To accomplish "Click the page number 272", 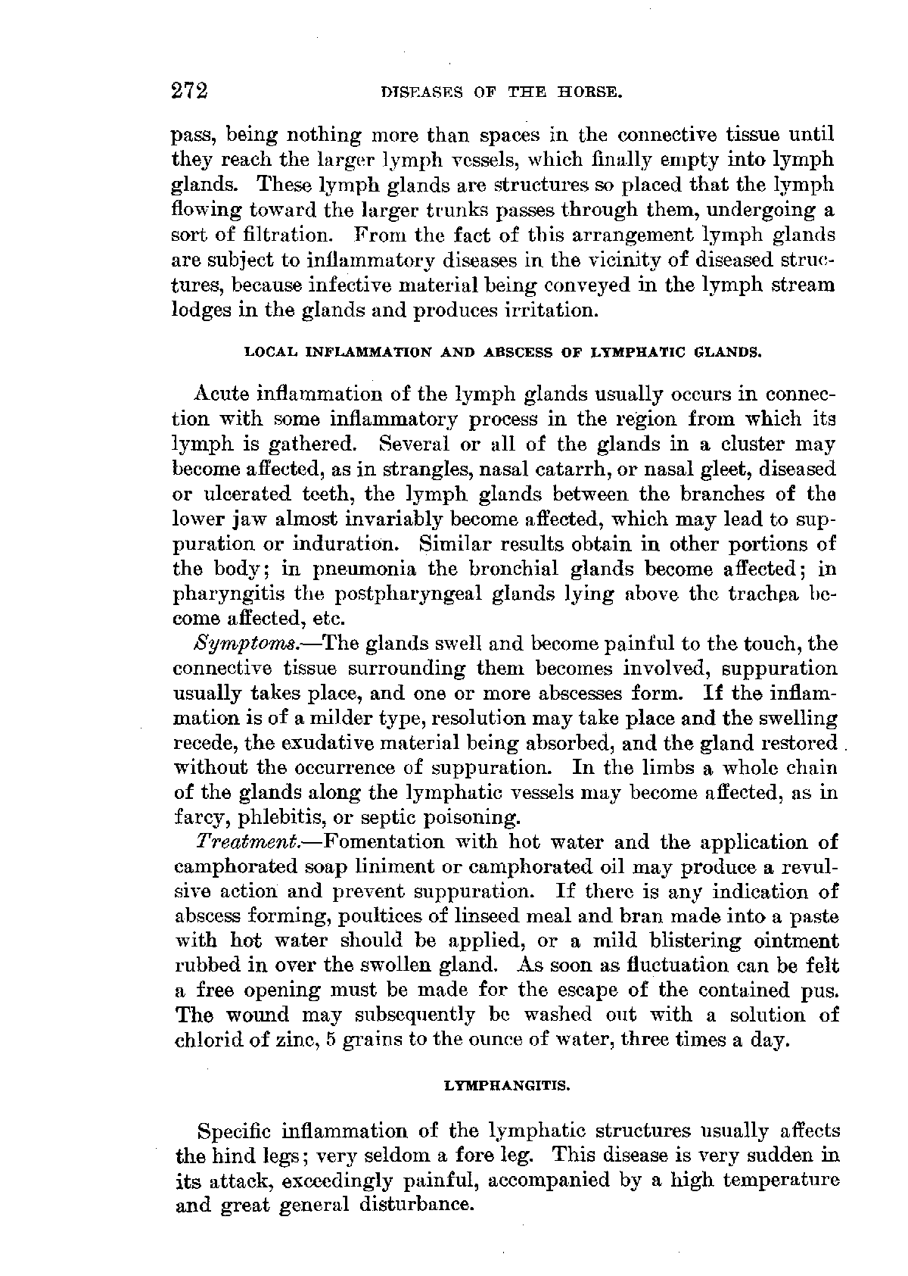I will tap(189, 92).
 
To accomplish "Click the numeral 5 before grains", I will tap(331, 1040).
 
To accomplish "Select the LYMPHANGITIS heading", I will tap(505, 1086).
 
